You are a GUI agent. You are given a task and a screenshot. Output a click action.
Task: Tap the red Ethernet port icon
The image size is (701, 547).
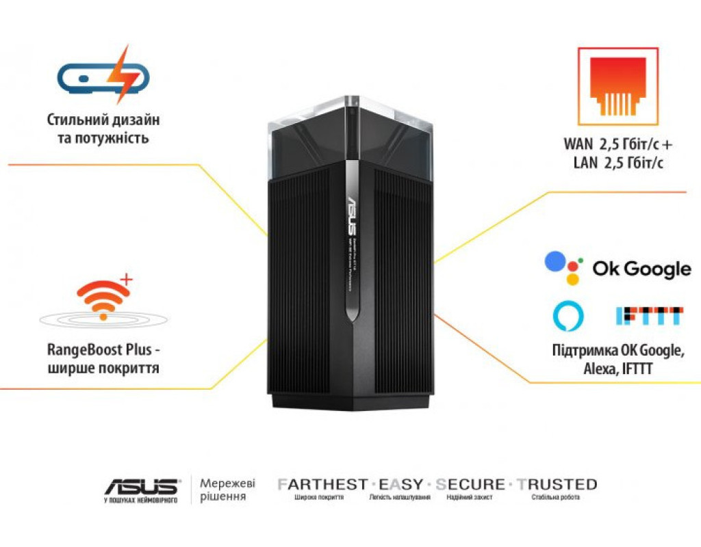[618, 86]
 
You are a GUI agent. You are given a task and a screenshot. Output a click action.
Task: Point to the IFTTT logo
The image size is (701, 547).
[649, 315]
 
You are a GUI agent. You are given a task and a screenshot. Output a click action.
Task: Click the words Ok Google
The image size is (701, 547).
[641, 269]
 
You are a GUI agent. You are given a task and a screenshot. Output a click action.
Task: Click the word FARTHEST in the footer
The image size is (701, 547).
[322, 485]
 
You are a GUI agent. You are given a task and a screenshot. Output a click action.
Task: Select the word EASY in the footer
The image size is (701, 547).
[401, 485]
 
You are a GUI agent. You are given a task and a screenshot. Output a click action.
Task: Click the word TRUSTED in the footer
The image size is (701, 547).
[557, 485]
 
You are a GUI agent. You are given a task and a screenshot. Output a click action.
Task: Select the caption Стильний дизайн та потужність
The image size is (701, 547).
[103, 129]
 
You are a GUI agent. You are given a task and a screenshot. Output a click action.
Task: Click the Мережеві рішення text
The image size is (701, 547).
[222, 489]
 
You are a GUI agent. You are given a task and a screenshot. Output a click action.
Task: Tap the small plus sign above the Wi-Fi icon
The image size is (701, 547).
[126, 279]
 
